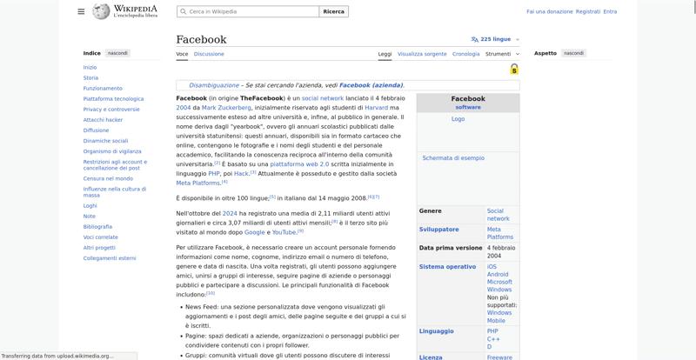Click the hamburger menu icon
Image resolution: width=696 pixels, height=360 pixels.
click(81, 11)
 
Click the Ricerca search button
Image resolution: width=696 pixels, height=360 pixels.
click(333, 11)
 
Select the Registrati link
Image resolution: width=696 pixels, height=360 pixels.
click(588, 11)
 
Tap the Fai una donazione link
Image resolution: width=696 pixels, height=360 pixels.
click(550, 11)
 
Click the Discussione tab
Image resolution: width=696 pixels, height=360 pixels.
click(209, 54)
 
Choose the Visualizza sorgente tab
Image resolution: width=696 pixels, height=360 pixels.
click(422, 54)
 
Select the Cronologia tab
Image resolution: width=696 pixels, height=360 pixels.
click(465, 54)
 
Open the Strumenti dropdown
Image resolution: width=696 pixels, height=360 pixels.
click(500, 54)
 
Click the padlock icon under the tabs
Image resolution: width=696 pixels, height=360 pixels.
click(514, 69)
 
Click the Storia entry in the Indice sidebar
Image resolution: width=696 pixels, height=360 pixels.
click(90, 77)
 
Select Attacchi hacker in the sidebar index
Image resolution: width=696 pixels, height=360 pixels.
click(103, 119)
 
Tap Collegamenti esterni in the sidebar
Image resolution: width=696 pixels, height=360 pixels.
click(110, 257)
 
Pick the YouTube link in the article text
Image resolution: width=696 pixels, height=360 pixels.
click(284, 232)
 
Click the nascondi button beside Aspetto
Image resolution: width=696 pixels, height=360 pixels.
click(573, 53)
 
